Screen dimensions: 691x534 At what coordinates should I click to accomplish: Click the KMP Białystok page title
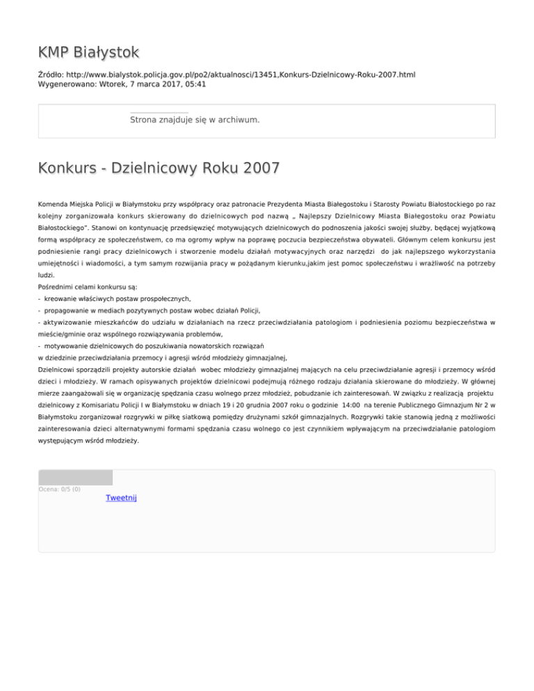tap(89, 52)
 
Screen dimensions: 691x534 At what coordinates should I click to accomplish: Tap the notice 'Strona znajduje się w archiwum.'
tap(195, 120)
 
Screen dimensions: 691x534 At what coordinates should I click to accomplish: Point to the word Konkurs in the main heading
tap(70, 168)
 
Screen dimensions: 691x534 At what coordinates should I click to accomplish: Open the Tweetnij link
tap(122, 498)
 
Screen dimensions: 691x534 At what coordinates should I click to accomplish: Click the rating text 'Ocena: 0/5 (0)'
tap(59, 489)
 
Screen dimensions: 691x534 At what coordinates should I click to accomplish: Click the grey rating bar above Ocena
tap(75, 477)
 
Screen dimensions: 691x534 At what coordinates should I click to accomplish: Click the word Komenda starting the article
tap(55, 206)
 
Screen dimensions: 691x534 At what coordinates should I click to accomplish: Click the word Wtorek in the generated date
tap(123, 84)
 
